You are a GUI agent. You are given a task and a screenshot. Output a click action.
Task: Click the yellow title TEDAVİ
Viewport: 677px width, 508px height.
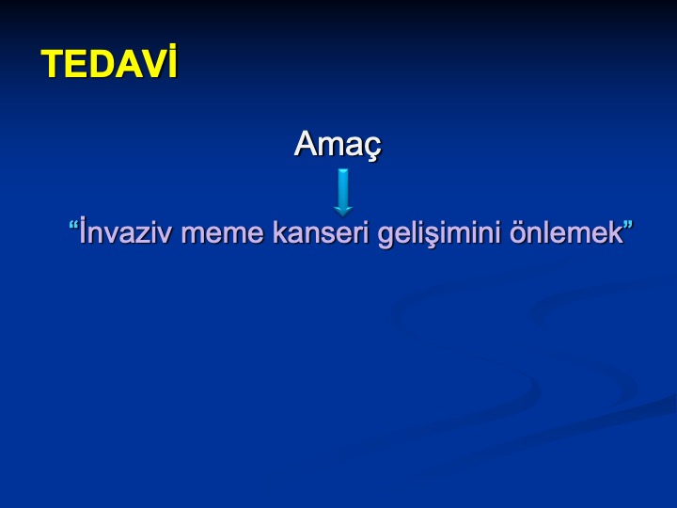[x=109, y=62]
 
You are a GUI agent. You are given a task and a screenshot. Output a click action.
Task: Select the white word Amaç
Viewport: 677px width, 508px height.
[x=338, y=144]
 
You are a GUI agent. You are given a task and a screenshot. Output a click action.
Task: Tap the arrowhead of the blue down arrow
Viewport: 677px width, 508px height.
[x=343, y=211]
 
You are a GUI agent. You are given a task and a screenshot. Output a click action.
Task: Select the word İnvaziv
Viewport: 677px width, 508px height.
[x=127, y=231]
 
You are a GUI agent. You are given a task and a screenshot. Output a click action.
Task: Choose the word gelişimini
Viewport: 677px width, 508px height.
[x=439, y=234]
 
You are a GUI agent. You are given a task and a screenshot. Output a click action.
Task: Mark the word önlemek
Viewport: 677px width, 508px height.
[x=566, y=232]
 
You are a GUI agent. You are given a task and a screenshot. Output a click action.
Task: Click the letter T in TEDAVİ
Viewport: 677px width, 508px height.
[x=53, y=64]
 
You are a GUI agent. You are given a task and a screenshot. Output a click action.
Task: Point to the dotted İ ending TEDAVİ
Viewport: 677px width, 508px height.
[x=173, y=61]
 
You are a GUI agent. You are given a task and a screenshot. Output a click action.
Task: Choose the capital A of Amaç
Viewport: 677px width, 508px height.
[x=307, y=143]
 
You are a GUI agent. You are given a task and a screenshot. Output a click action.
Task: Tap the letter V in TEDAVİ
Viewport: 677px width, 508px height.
[x=153, y=64]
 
